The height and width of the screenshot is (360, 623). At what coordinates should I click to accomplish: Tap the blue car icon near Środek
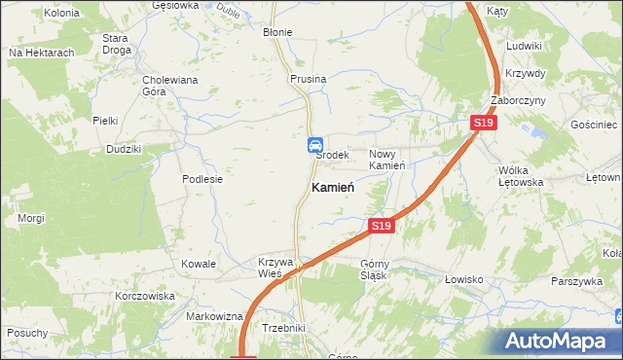coord(315,145)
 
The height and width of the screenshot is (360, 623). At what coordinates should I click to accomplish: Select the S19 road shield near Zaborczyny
coord(484,123)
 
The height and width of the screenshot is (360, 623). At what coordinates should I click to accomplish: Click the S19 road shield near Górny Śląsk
coord(382,226)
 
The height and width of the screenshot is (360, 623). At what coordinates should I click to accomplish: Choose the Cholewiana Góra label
coord(169,86)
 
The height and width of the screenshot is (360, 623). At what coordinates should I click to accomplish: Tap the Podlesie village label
coord(202,179)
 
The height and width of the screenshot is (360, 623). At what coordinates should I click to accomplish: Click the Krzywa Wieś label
coord(275,268)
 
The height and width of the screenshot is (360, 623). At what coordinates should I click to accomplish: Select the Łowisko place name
coord(464,279)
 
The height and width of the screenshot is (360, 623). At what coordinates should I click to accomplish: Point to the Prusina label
coord(307,78)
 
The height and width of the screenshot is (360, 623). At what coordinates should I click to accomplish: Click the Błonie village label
coord(277,32)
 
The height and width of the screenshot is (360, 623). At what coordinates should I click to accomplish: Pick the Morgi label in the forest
coord(31,218)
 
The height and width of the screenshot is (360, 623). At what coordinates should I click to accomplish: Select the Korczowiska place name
coord(144,295)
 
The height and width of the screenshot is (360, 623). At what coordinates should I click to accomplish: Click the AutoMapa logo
coord(558,340)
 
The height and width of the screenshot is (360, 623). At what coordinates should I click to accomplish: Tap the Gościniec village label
coord(595,126)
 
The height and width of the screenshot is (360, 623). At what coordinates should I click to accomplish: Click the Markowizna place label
coord(214,317)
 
